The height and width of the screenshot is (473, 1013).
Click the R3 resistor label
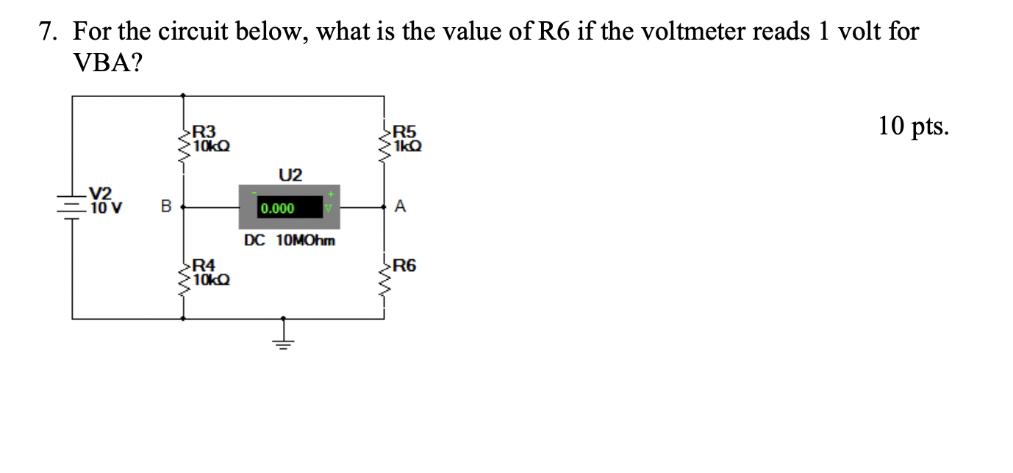click(x=204, y=132)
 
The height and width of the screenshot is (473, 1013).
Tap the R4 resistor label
click(x=204, y=265)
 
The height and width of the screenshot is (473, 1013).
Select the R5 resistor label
click(x=406, y=132)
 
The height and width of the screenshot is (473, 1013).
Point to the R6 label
click(x=405, y=266)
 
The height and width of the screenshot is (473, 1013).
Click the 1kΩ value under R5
click(x=408, y=145)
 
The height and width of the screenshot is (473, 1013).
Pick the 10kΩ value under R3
click(x=210, y=145)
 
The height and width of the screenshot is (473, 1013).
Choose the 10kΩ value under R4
click(x=210, y=279)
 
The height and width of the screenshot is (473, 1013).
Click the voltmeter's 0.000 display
click(x=277, y=209)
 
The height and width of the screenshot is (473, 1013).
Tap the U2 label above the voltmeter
click(x=290, y=175)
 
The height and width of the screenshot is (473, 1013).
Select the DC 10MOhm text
click(x=290, y=240)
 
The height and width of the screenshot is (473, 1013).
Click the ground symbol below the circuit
click(x=283, y=339)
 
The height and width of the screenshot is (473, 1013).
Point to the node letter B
click(x=165, y=208)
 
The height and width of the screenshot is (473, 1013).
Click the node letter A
click(x=400, y=207)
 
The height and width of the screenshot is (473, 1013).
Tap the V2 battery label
click(x=101, y=193)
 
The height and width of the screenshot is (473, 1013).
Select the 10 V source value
click(x=105, y=207)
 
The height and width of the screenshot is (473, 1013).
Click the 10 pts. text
click(x=914, y=127)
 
